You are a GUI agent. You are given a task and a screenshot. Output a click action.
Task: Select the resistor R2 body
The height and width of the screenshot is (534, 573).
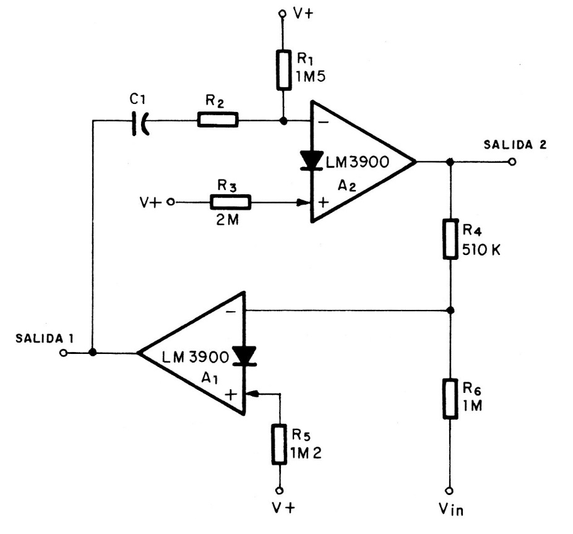click(218, 121)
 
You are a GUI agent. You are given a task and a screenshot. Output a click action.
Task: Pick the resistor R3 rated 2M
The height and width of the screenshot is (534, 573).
click(231, 202)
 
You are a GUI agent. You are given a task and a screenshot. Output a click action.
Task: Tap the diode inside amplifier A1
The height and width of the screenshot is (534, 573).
click(245, 354)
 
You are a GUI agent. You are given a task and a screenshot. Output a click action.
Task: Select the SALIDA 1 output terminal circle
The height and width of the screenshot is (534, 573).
click(62, 353)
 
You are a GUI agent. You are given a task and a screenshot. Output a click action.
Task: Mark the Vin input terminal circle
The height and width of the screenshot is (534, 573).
click(450, 489)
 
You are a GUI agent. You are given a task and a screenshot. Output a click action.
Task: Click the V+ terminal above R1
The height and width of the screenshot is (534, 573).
click(282, 13)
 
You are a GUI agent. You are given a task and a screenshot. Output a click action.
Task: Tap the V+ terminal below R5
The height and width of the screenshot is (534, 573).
click(280, 490)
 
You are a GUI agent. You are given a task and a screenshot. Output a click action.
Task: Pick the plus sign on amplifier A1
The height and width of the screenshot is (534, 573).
click(231, 394)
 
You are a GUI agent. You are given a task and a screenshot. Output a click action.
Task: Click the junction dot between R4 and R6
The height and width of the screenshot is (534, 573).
click(450, 309)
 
